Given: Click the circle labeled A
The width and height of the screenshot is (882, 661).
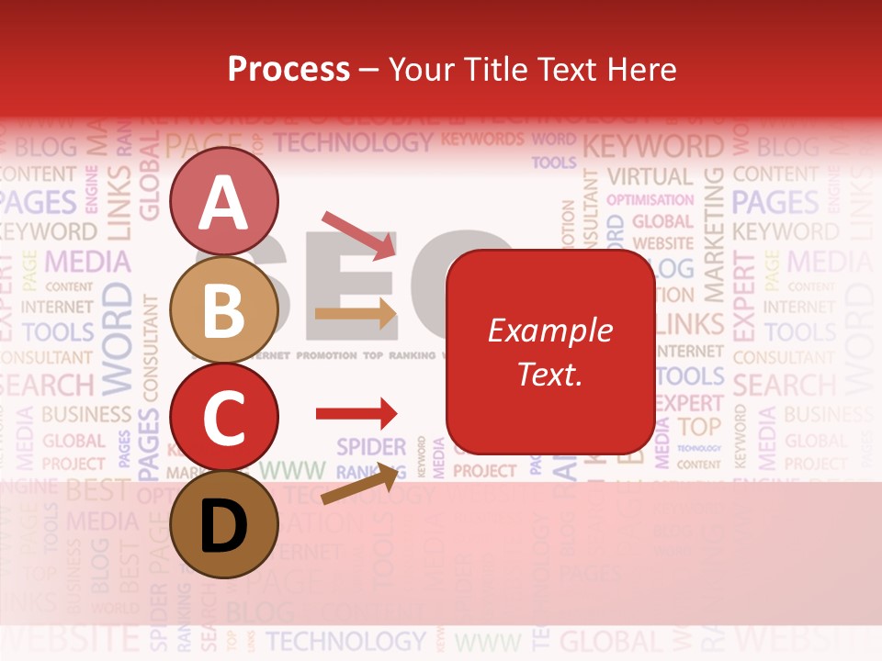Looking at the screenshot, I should [223, 201].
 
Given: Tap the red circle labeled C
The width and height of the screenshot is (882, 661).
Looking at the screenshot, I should [223, 417].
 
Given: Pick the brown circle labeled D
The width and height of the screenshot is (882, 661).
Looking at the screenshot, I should [223, 524].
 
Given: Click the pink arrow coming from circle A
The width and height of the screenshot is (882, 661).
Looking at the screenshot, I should [359, 235].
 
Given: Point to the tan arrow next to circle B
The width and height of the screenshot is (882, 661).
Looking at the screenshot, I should [356, 313].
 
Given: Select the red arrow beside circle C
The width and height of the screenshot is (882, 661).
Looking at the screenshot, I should [356, 414].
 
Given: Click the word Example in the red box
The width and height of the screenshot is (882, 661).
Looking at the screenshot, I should [549, 330].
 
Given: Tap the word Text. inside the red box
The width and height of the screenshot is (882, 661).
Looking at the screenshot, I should [549, 374].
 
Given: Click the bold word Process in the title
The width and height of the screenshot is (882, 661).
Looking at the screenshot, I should [288, 69].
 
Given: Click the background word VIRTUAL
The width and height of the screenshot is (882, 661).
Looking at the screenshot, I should [650, 175].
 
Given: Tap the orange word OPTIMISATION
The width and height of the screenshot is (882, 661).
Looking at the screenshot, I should [650, 199].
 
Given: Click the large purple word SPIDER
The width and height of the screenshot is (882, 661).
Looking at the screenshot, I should [370, 447].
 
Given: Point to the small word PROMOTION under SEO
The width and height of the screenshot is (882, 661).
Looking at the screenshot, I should [326, 354].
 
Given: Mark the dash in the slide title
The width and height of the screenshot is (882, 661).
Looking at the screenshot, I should [369, 70].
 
